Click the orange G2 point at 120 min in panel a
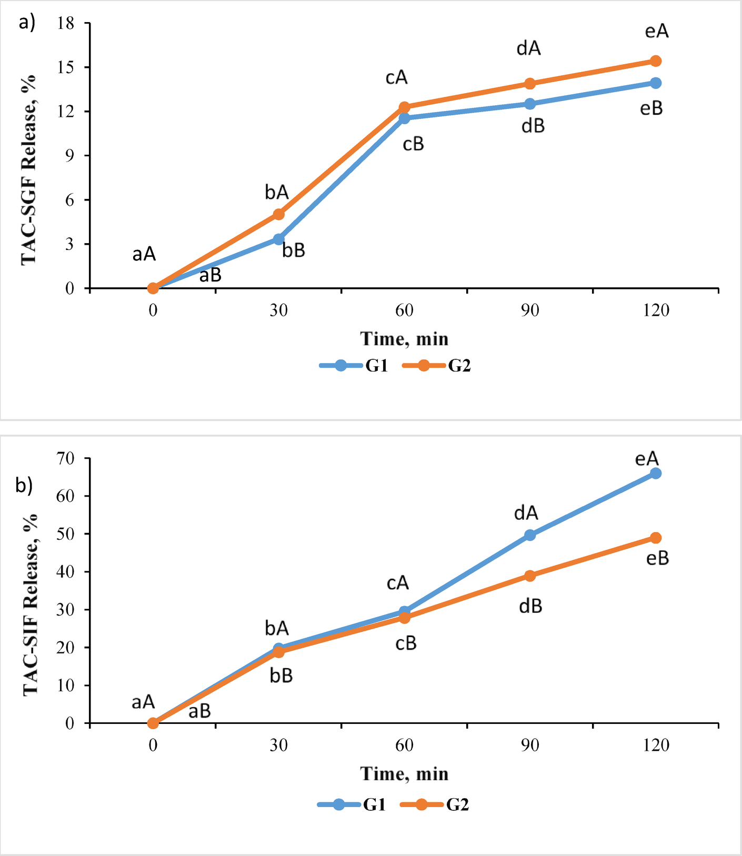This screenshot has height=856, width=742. point(655,61)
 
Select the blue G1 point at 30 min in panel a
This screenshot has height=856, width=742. point(279,239)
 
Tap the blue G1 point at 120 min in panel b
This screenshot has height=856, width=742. point(655,474)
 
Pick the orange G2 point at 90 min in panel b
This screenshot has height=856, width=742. point(530,576)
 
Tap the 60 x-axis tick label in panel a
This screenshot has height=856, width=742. point(404,310)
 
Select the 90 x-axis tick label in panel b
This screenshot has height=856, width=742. point(530,746)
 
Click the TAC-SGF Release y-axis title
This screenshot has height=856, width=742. point(29,169)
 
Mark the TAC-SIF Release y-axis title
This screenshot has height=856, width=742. point(31,605)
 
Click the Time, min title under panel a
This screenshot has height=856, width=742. point(404,339)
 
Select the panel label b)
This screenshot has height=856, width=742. point(24,485)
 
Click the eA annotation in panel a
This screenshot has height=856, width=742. point(657,32)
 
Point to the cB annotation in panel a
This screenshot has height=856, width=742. point(413,144)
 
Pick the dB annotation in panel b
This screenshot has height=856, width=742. point(530,607)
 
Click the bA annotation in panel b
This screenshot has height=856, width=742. point(277,628)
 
